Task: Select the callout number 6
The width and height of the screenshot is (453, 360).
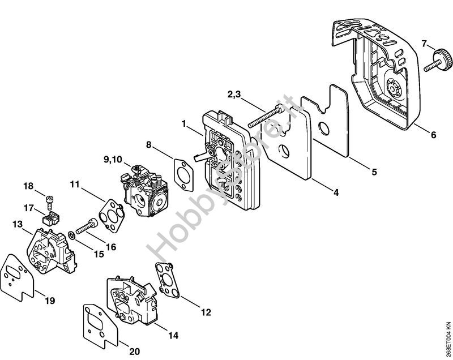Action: (433, 135)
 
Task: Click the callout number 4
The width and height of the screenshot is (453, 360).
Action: (336, 193)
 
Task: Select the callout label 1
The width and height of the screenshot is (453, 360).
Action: (184, 122)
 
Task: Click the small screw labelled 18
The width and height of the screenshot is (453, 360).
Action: (50, 199)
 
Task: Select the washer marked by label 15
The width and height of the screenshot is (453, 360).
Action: (70, 234)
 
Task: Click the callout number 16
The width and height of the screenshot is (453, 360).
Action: (111, 247)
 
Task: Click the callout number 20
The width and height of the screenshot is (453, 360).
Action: (134, 352)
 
